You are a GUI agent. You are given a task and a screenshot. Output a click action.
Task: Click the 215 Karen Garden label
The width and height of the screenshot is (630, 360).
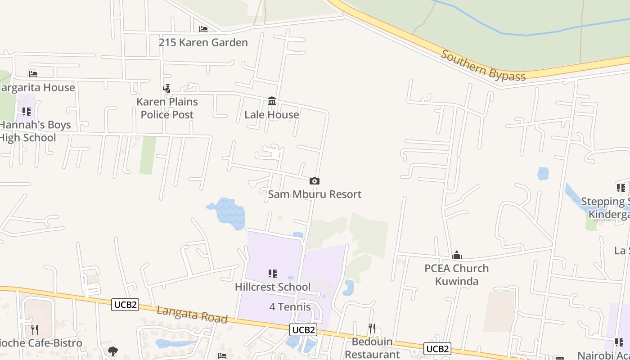pos(203,43)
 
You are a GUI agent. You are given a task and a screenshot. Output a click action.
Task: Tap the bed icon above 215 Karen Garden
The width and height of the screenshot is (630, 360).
pos(203,29)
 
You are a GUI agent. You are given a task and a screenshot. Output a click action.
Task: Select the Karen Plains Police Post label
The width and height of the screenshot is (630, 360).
pos(167,108)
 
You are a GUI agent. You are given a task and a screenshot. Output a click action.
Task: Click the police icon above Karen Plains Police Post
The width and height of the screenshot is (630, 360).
pos(167,89)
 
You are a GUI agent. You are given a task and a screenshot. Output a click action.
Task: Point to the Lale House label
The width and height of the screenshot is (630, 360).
pos(271,115)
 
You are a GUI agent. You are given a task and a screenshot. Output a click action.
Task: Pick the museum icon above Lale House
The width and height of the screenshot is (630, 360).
pos(272,101)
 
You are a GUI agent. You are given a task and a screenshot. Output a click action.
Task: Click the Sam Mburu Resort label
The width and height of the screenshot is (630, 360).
pos(315,194)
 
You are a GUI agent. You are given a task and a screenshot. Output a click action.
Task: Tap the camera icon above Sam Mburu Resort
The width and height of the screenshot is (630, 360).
pos(315,181)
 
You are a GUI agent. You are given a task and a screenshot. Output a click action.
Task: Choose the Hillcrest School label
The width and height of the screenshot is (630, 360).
pos(273,287)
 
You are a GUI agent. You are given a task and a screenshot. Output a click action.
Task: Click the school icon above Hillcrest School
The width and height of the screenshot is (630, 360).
pos(272,274)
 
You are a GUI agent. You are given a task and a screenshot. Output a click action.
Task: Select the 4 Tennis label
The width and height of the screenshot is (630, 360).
pos(290,307)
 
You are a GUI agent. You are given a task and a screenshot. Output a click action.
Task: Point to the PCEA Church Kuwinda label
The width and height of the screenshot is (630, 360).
pos(457,274)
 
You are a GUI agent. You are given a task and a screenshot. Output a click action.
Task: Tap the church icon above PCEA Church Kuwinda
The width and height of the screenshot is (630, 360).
pos(457,256)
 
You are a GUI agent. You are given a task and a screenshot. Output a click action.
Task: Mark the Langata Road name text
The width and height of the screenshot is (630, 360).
pos(192,314)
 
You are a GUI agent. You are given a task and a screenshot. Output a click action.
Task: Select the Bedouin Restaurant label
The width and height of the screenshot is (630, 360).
pos(372,348)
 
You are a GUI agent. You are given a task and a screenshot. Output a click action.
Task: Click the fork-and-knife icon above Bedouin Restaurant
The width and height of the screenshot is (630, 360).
pos(372,328)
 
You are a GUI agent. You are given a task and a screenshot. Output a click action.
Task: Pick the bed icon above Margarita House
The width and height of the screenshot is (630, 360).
pos(33,74)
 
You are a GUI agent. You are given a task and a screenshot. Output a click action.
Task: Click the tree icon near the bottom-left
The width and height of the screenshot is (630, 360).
pos(113,351)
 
